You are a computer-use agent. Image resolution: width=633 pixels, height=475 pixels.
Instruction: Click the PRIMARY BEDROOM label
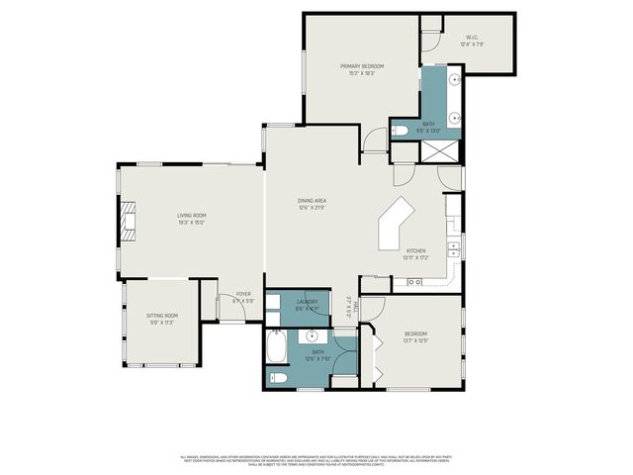pos(362,66)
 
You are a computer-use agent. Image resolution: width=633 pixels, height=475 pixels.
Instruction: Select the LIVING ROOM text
pos(192,215)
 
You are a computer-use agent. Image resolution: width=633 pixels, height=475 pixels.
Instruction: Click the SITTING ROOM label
pos(161,317)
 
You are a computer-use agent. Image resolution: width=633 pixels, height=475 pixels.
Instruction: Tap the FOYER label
pos(242,294)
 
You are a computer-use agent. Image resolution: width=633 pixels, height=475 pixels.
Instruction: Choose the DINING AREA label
pos(313,201)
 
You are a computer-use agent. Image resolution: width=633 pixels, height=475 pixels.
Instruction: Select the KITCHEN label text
pos(416,250)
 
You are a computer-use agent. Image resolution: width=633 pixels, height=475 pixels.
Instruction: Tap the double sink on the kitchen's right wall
pos(454,247)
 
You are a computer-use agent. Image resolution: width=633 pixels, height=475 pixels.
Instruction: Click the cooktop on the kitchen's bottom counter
pos(414,283)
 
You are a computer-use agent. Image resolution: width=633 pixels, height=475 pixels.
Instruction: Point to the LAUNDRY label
pos(307,303)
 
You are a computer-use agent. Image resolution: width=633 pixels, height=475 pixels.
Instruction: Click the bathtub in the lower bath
pos(276,347)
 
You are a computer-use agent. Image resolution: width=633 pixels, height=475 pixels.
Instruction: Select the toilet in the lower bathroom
pos(279,377)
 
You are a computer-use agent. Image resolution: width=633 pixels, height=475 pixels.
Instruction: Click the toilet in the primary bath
pos(401,130)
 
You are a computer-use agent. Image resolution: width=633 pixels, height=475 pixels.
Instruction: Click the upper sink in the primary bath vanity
pos(455,78)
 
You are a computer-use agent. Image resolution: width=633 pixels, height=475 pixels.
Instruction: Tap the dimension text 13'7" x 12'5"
pos(415,340)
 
